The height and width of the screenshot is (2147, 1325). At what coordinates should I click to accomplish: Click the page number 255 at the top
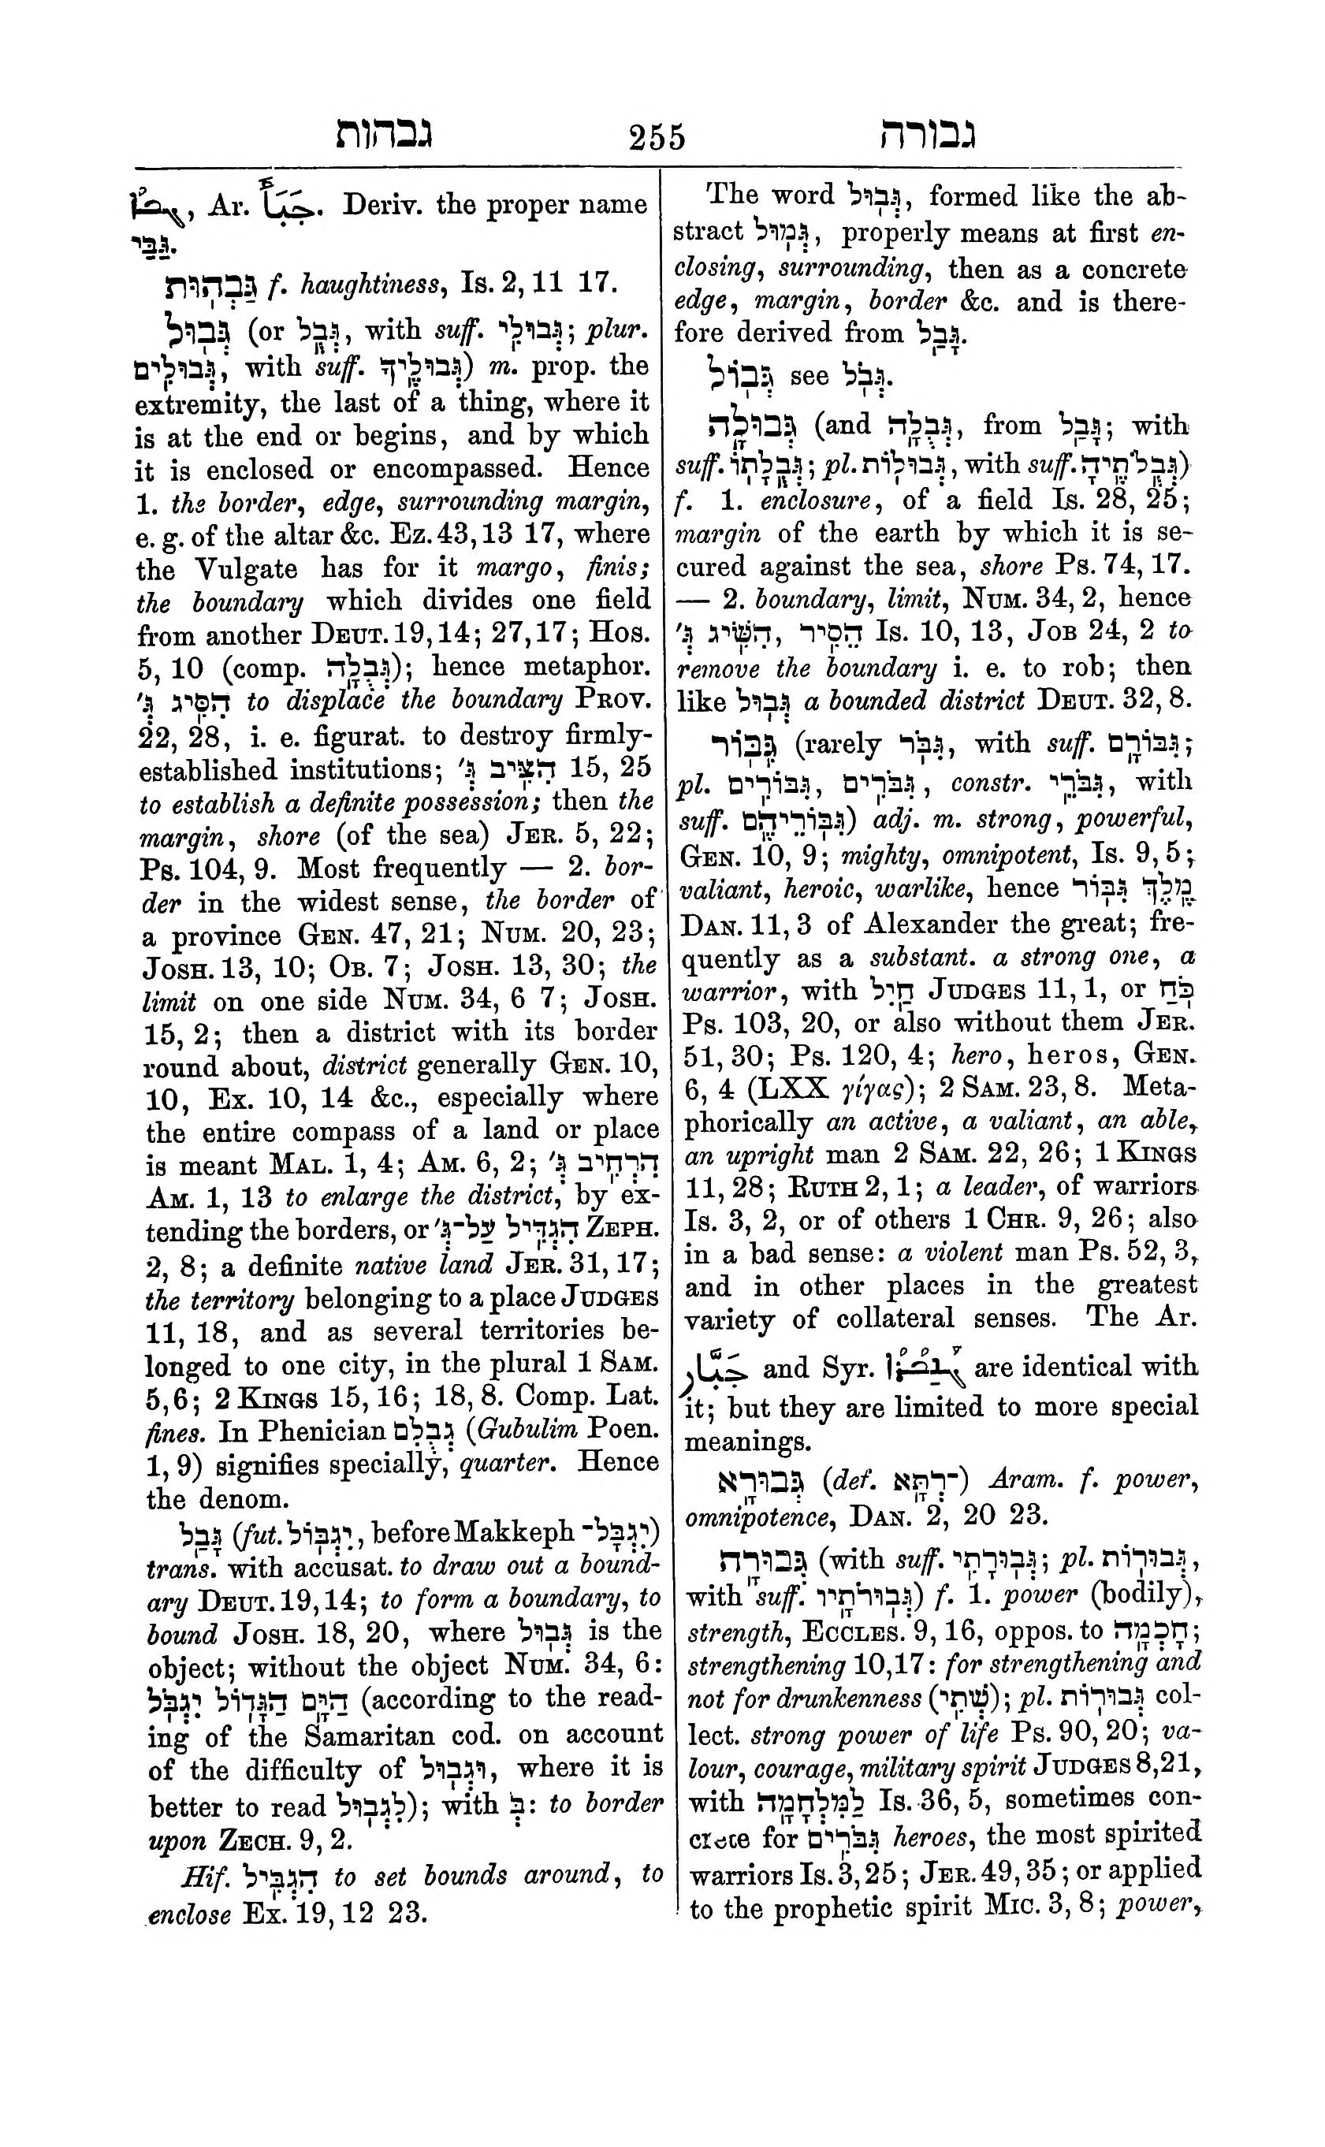[657, 138]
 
